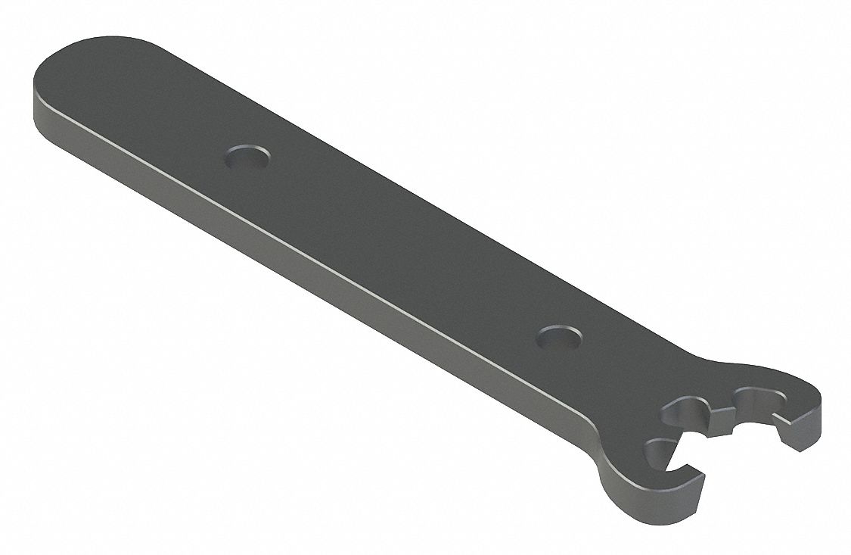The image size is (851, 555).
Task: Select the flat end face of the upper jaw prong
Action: [x=801, y=432]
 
